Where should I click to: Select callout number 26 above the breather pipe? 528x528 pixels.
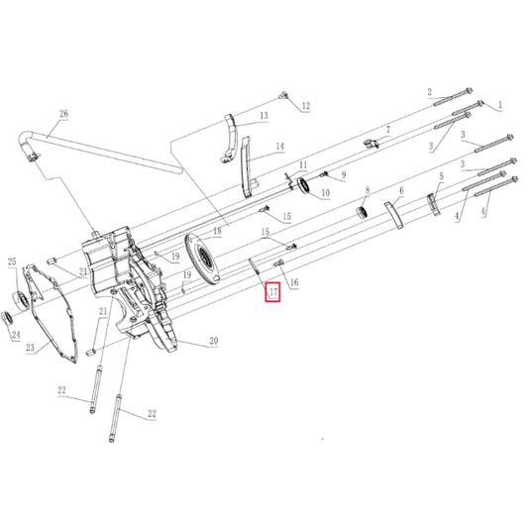pyautogui.click(x=63, y=115)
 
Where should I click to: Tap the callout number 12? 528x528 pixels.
pyautogui.click(x=305, y=106)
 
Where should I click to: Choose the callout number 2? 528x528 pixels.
pyautogui.click(x=430, y=92)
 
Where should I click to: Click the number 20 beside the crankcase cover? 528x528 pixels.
pyautogui.click(x=212, y=341)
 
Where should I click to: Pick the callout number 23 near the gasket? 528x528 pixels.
pyautogui.click(x=30, y=348)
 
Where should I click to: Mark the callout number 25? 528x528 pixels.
pyautogui.click(x=13, y=262)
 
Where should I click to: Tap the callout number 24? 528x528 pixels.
pyautogui.click(x=14, y=335)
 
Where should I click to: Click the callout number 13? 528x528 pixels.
pyautogui.click(x=264, y=116)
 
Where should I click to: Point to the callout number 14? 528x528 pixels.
pyautogui.click(x=279, y=146)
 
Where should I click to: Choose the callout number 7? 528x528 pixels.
pyautogui.click(x=388, y=130)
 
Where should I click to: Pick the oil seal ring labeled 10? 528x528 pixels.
pyautogui.click(x=305, y=187)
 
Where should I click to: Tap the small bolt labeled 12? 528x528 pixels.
pyautogui.click(x=284, y=95)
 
